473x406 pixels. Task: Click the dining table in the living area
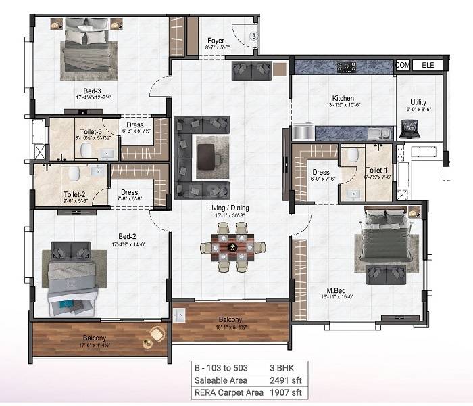pyautogui.click(x=230, y=248)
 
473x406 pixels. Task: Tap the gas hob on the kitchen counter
pyautogui.click(x=348, y=66)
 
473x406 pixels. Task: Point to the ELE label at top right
pyautogui.click(x=428, y=65)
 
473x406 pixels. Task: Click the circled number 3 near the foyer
pyautogui.click(x=254, y=35)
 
